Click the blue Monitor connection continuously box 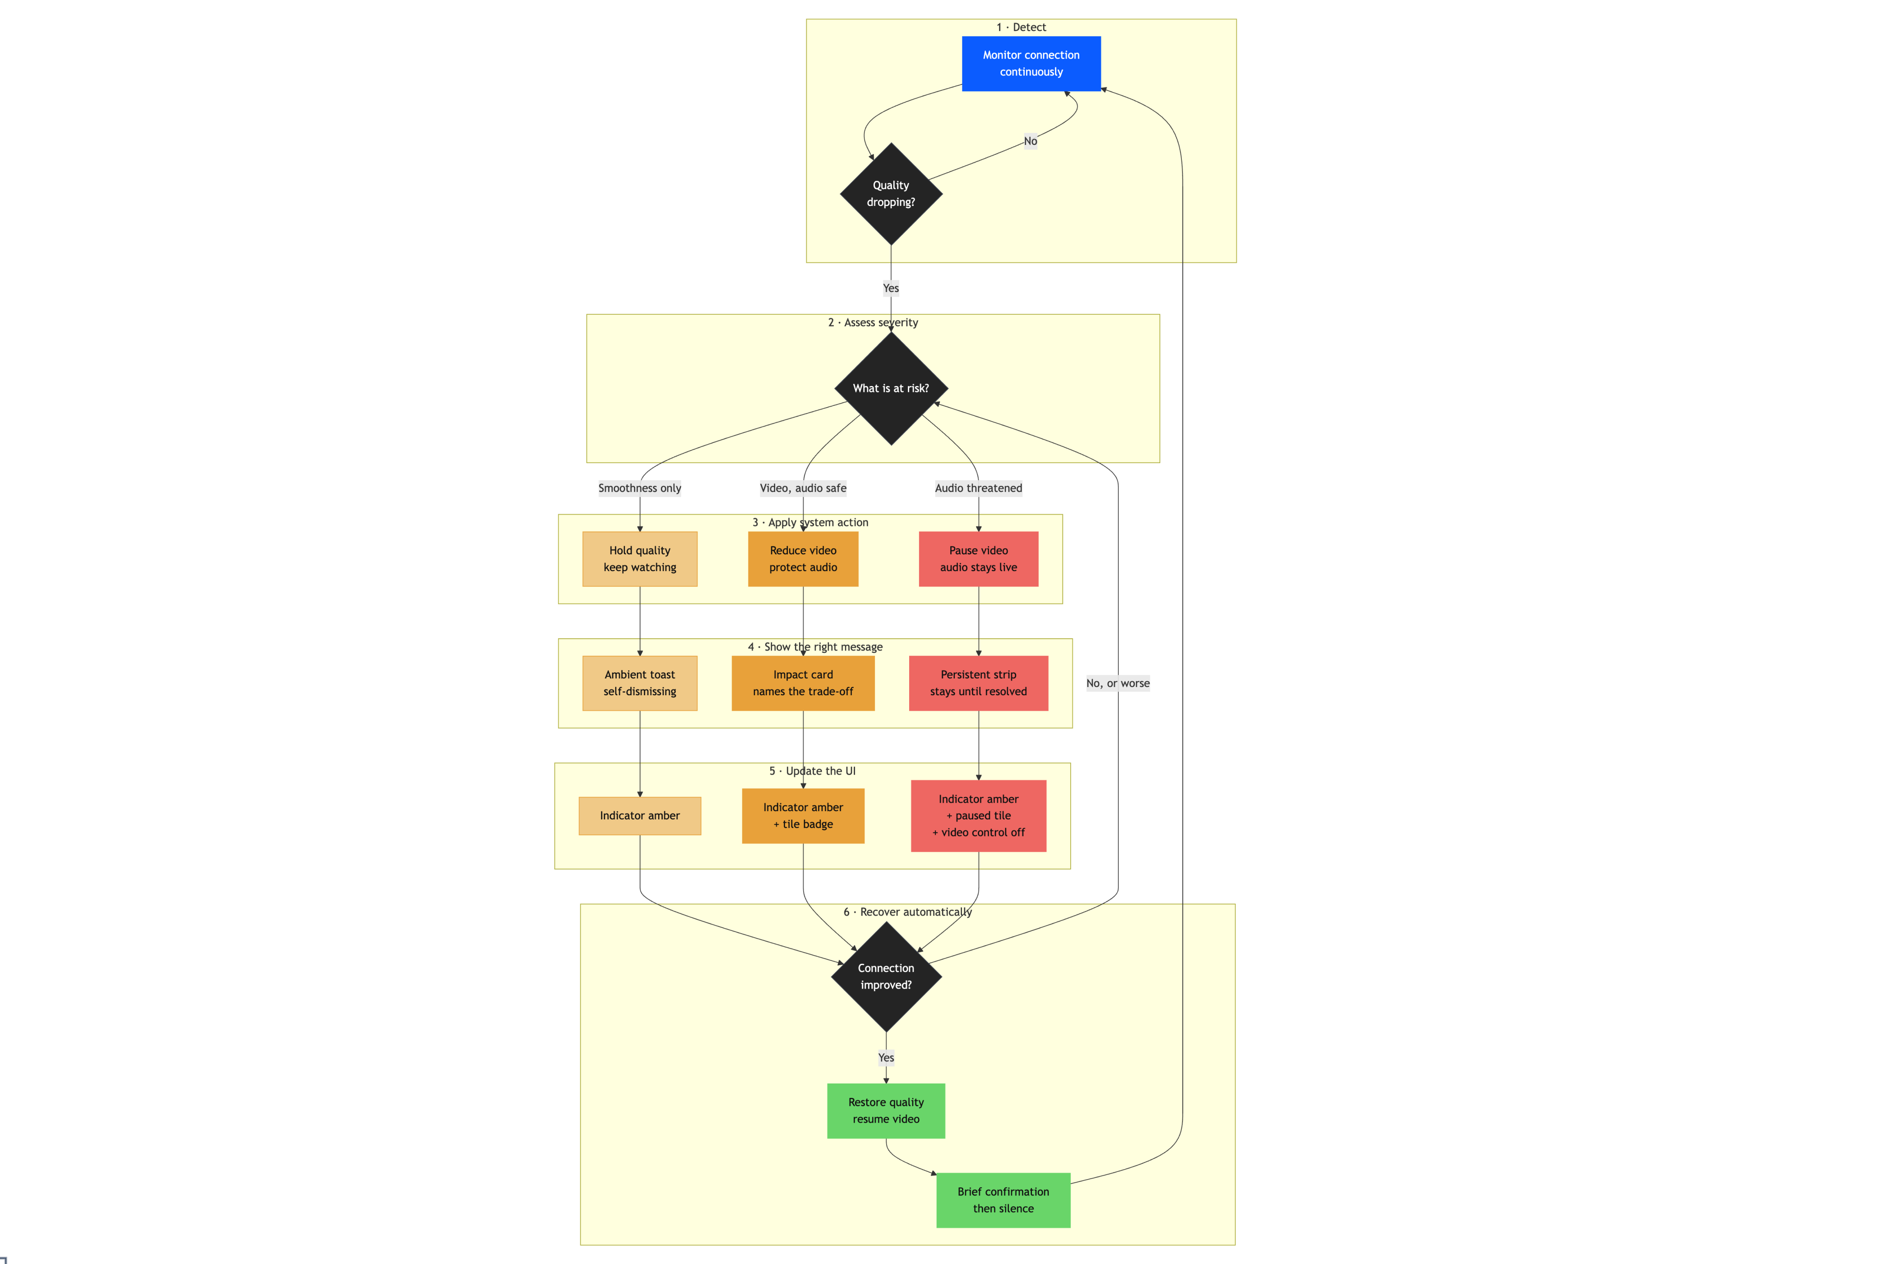tap(1031, 64)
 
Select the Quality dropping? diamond tap(891, 194)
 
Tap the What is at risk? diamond tap(891, 389)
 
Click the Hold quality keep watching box tap(640, 559)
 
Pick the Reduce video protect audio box tap(803, 559)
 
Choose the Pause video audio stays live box tap(979, 559)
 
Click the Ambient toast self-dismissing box tap(640, 683)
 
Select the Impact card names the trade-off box tap(803, 683)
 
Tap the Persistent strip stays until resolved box tap(979, 683)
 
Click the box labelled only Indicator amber tap(640, 816)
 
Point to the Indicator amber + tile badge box tap(803, 816)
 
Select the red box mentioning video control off tap(979, 816)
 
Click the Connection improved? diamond tap(886, 976)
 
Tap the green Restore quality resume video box tap(886, 1111)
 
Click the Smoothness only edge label tap(640, 488)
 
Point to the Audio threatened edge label tap(979, 488)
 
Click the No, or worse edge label tap(1118, 683)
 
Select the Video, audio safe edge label tap(803, 488)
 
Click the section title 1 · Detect tap(1021, 28)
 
